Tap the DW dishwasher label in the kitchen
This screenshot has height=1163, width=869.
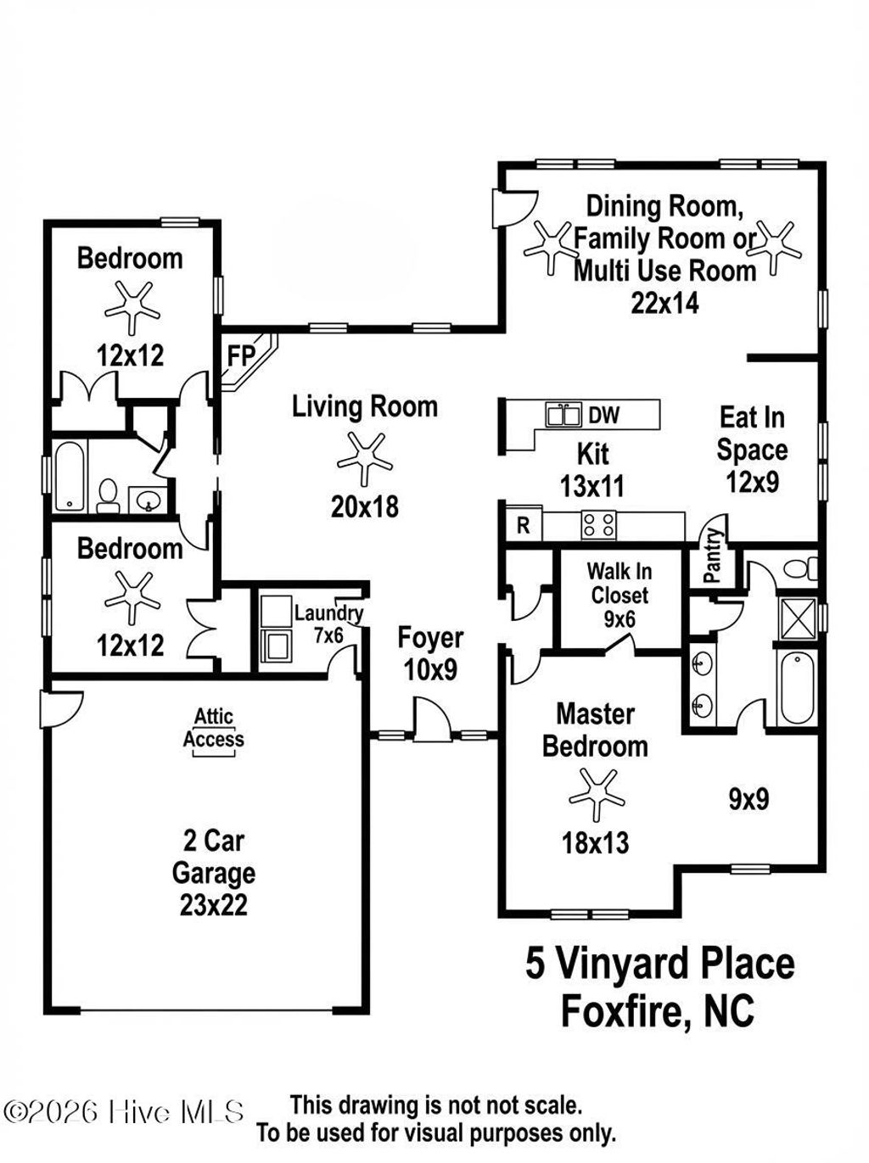[x=603, y=415]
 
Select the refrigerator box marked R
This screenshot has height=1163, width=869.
[x=523, y=525]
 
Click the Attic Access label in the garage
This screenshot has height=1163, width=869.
[x=213, y=729]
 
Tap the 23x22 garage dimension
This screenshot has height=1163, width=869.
[x=213, y=905]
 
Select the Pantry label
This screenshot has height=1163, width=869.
[x=713, y=556]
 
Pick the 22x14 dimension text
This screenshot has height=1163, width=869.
[x=664, y=303]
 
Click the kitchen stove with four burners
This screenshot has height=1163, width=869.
[x=598, y=525]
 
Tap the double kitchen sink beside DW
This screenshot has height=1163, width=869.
[x=563, y=415]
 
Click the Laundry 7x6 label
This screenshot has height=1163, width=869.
[x=328, y=623]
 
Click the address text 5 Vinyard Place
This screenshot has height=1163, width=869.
[x=659, y=965]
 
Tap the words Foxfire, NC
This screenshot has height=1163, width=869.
[x=658, y=1011]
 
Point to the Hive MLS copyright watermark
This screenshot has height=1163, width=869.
[x=124, y=1111]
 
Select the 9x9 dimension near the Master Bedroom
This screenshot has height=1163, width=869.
[x=748, y=798]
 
